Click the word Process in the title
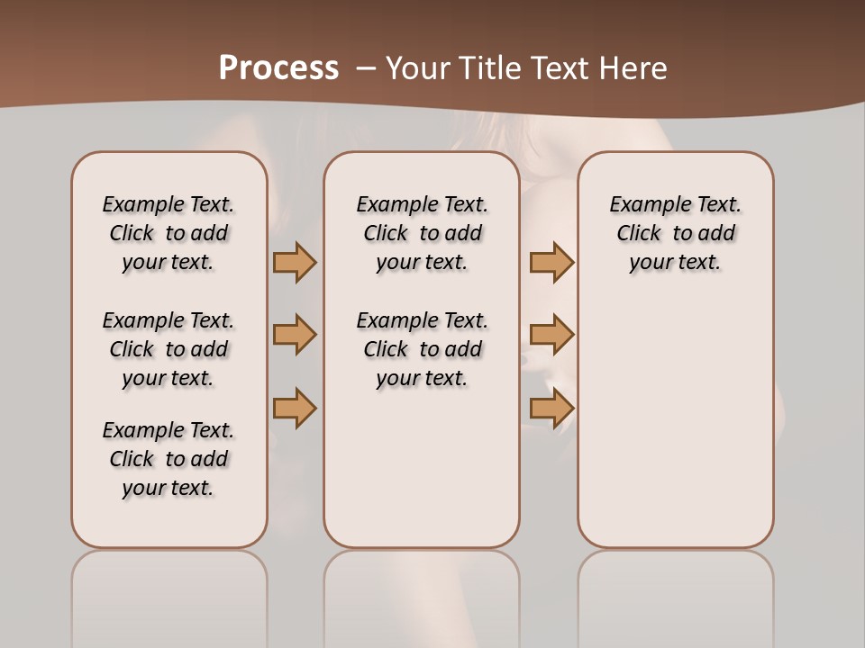pyautogui.click(x=278, y=68)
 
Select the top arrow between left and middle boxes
pyautogui.click(x=295, y=262)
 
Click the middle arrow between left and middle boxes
pyautogui.click(x=295, y=335)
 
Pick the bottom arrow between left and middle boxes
pyautogui.click(x=295, y=408)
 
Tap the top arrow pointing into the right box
pyautogui.click(x=551, y=262)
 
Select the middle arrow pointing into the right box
pyautogui.click(x=551, y=335)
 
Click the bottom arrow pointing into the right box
pyautogui.click(x=551, y=408)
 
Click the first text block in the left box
pyautogui.click(x=168, y=233)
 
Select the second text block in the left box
pyautogui.click(x=168, y=349)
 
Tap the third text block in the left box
pyautogui.click(x=168, y=459)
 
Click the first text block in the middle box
pyautogui.click(x=422, y=233)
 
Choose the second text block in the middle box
pyautogui.click(x=422, y=349)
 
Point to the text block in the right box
pyautogui.click(x=675, y=233)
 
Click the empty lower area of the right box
pyautogui.click(x=675, y=432)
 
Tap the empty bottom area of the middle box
pyautogui.click(x=422, y=477)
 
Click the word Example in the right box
pyautogui.click(x=642, y=204)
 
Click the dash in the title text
pyautogui.click(x=366, y=68)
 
